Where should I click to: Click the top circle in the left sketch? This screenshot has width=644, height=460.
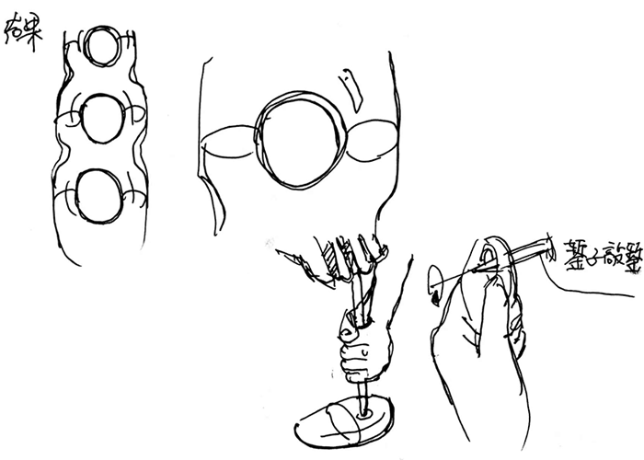(x=98, y=44)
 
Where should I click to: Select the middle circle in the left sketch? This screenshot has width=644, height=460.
(x=99, y=120)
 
